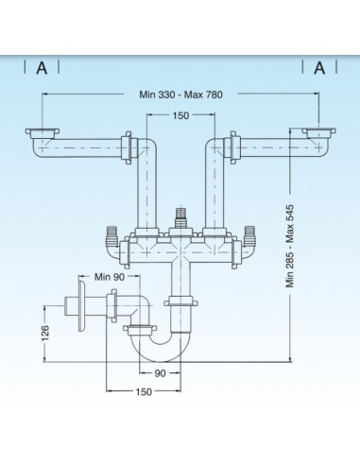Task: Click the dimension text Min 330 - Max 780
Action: tap(180, 95)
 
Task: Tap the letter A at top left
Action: tap(42, 68)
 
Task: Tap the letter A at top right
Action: tap(319, 68)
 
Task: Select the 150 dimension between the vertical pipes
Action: tap(180, 115)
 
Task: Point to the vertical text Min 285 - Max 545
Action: tap(290, 246)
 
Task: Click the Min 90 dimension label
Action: tap(110, 277)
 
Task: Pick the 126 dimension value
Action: tap(45, 333)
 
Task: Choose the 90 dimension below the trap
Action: tap(160, 373)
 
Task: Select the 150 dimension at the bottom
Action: tap(144, 392)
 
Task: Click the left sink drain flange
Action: tap(43, 132)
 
